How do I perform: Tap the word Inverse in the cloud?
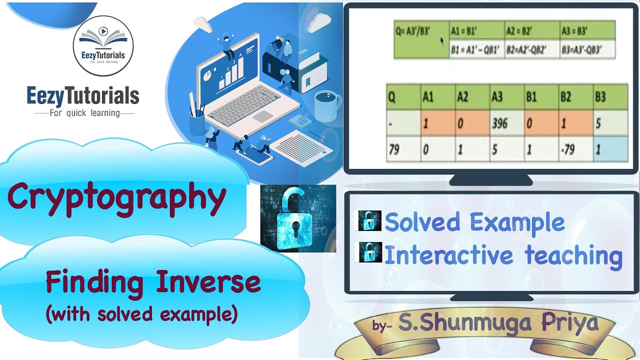208,282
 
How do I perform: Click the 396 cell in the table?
499,123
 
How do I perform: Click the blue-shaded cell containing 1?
610,149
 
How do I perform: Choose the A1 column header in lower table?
428,96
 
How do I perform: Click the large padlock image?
298,218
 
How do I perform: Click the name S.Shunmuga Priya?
497,323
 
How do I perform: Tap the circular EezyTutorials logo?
103,46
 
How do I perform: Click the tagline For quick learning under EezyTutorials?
84,113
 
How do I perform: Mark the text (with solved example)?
141,314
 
